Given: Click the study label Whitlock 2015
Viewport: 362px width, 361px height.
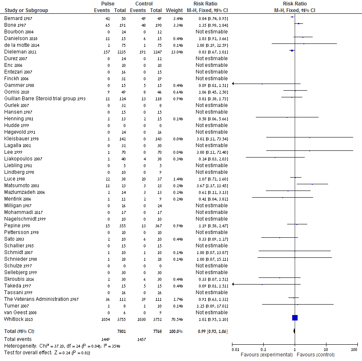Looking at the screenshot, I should pyautogui.click(x=18, y=319).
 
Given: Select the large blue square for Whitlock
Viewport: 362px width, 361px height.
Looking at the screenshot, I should pyautogui.click(x=295, y=318).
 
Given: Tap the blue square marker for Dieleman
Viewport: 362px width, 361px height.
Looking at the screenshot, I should pyautogui.click(x=292, y=51).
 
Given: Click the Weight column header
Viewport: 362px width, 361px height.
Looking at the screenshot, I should pyautogui.click(x=174, y=10).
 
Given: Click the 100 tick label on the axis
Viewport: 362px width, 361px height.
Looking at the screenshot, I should pyautogui.click(x=354, y=350).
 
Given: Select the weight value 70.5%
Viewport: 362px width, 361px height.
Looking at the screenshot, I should pyautogui.click(x=176, y=319).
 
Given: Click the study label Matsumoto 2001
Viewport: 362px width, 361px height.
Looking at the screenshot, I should pyautogui.click(x=22, y=186).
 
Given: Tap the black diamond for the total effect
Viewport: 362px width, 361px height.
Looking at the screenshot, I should pyautogui.click(x=295, y=331).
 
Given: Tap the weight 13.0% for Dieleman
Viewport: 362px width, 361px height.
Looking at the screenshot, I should pyautogui.click(x=176, y=52).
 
